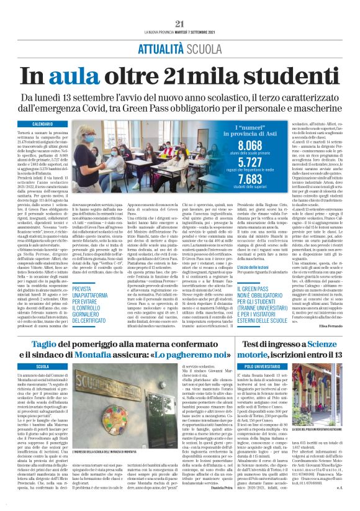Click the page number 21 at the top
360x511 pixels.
pos(179,7)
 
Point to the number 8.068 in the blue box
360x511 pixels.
pos(251,145)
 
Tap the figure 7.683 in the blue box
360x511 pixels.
pos(251,179)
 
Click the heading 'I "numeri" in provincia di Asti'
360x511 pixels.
pos(251,129)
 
